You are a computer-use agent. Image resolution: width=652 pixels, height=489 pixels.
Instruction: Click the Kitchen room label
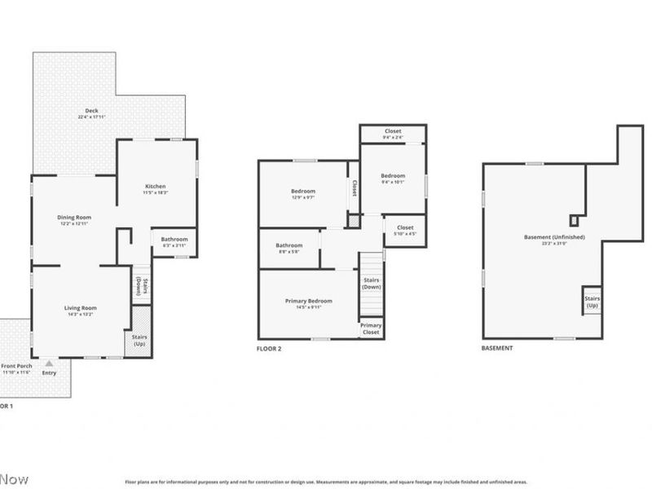tap(155, 187)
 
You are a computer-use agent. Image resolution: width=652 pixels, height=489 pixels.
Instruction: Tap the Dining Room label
tap(74, 218)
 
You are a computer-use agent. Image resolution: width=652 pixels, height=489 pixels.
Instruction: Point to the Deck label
tap(91, 112)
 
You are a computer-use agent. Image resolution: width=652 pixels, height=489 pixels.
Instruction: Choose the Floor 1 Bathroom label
tap(174, 239)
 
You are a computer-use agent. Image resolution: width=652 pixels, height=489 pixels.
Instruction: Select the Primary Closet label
tap(371, 329)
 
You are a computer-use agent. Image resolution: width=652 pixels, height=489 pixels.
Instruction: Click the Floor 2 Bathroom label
tap(289, 245)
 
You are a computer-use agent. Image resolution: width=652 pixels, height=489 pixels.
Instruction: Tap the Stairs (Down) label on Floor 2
tap(371, 284)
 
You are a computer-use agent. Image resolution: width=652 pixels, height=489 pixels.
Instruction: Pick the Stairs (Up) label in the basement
tap(591, 302)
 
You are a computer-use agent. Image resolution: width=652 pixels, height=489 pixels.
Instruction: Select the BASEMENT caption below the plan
tap(497, 348)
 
